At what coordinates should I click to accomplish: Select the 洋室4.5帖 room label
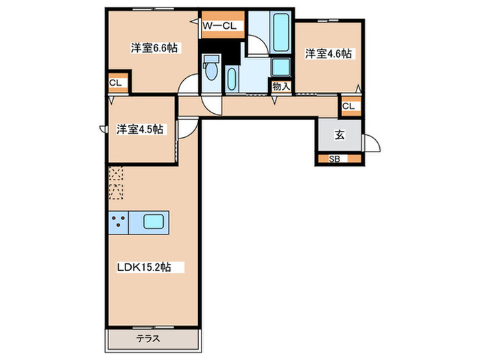pos(140,129)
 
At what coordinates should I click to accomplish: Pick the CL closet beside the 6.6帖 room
pos(117,84)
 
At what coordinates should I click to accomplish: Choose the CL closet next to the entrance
pos(348,106)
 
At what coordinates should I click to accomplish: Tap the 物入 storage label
pos(281,86)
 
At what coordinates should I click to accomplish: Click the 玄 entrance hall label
pos(339,135)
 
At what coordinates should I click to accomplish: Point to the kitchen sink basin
pos(153,222)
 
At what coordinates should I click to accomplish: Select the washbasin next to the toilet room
pos(232,77)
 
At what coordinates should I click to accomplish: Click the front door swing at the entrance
pos(372,144)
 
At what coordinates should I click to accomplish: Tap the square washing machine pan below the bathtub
pos(281,67)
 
